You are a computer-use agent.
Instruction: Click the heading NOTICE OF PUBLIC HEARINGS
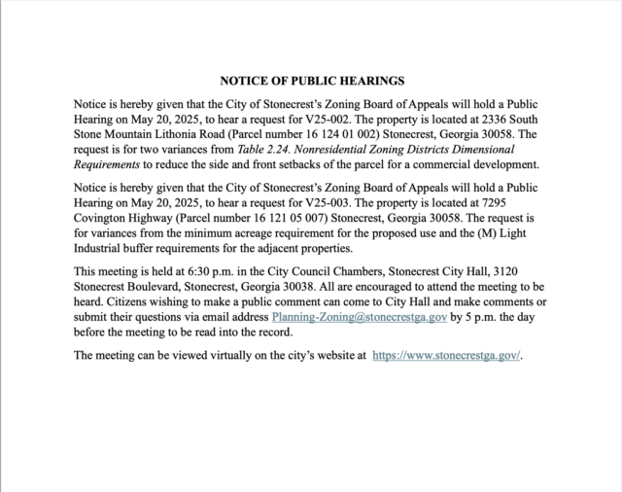click(x=311, y=81)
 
